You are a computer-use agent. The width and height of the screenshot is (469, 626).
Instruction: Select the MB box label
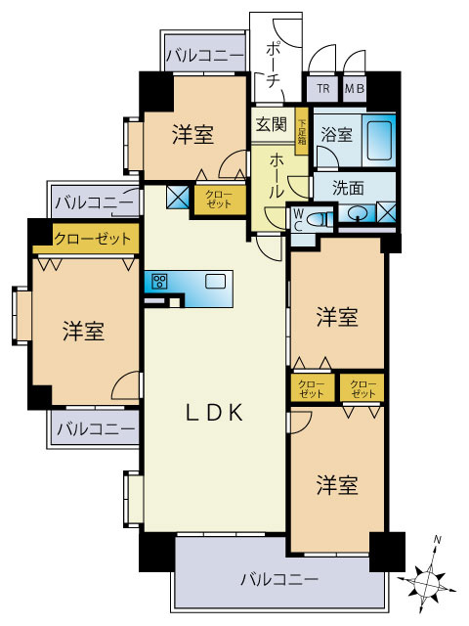[x=353, y=90]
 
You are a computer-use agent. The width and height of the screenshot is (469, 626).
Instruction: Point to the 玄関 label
[x=271, y=124]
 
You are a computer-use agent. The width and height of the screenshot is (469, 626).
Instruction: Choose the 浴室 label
[x=336, y=135]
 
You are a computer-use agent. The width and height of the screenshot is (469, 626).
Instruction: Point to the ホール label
[x=277, y=175]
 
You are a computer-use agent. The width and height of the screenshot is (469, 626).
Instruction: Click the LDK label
[x=214, y=414]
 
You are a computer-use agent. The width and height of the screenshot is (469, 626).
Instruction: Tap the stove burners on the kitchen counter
[x=159, y=282]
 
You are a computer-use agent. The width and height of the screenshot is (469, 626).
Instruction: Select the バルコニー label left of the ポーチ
[x=203, y=56]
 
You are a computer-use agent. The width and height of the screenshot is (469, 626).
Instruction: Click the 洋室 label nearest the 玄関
[x=193, y=135]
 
